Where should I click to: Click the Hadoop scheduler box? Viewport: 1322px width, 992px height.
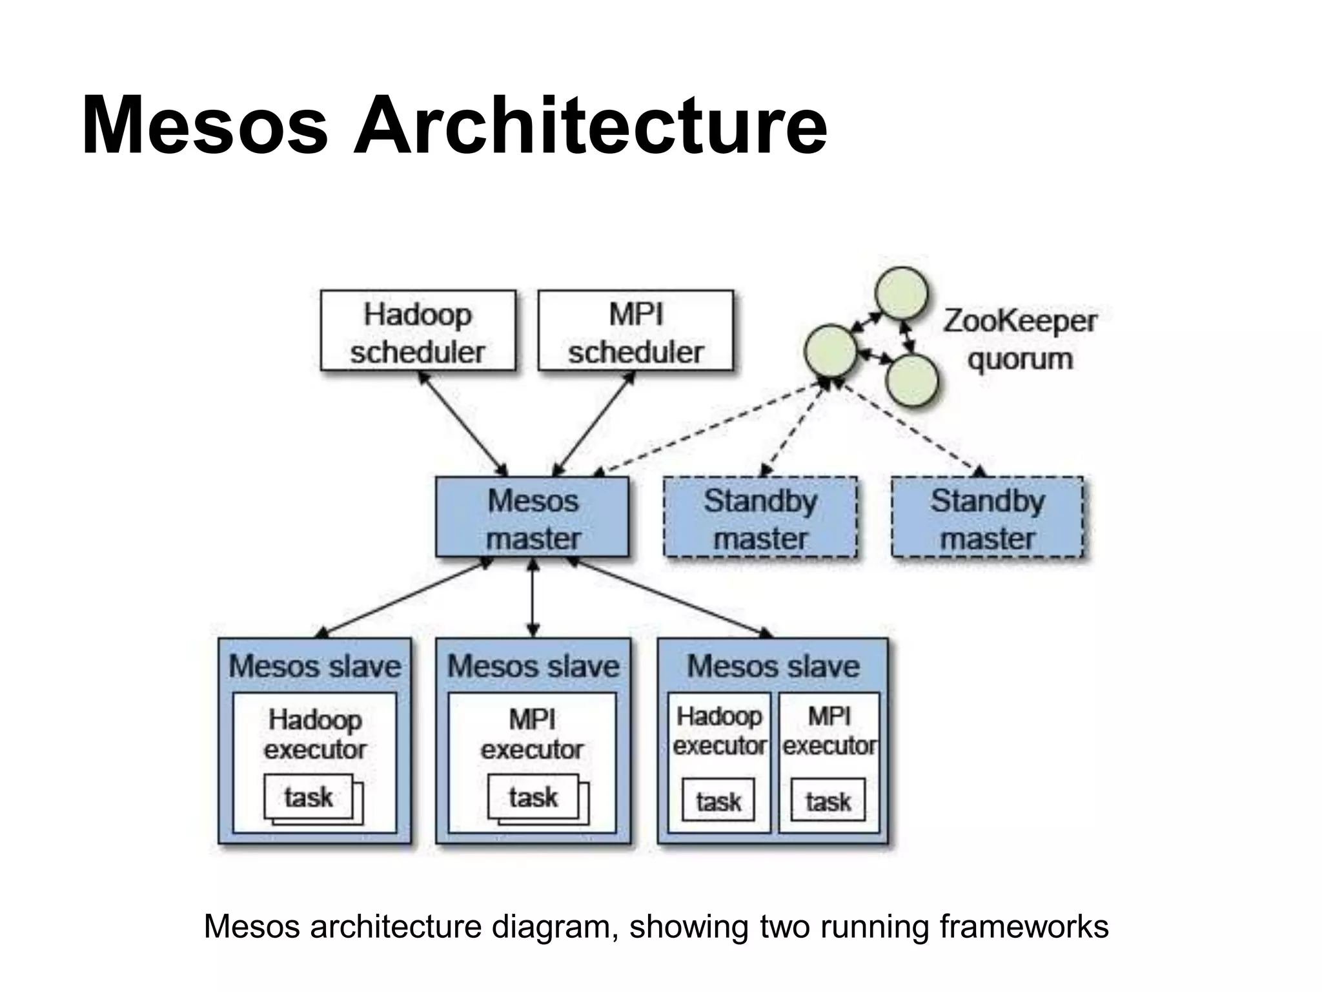tap(418, 331)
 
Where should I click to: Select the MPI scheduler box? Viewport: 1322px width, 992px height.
tap(635, 331)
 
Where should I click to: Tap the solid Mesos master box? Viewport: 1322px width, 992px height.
tap(532, 517)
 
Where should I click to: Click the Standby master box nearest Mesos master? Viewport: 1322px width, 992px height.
tap(760, 517)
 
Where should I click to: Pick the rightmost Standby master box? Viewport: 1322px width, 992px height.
tap(987, 517)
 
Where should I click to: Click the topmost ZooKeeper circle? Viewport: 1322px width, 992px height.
tap(902, 293)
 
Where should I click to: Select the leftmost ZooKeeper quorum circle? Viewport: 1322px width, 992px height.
tap(831, 351)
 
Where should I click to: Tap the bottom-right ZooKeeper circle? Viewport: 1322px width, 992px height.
tap(911, 380)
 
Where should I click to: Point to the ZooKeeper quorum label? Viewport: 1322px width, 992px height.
tap(1020, 340)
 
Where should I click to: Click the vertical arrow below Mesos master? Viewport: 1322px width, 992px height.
tap(533, 597)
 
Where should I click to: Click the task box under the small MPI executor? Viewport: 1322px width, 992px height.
tap(828, 801)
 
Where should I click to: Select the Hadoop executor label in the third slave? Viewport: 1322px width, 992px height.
tap(719, 730)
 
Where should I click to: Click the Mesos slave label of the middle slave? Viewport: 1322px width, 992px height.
tap(533, 666)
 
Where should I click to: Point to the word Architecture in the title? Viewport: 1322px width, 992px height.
tap(590, 125)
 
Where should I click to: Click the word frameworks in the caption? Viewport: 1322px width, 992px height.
tap(1024, 926)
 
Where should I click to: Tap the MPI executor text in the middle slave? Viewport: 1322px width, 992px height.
tap(532, 734)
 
